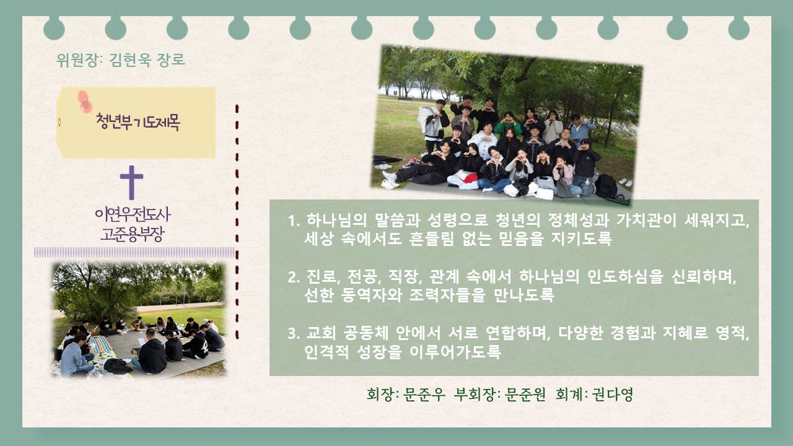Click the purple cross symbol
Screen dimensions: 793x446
click(132, 182)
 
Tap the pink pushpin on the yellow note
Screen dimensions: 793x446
click(85, 102)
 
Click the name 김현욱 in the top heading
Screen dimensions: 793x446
click(131, 59)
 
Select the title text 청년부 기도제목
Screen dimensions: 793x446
click(138, 123)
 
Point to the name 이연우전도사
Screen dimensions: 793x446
click(133, 214)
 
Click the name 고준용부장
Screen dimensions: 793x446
click(133, 234)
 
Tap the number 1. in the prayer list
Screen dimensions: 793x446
click(294, 221)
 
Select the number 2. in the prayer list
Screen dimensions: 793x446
click(294, 277)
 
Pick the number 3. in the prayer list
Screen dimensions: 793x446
click(294, 333)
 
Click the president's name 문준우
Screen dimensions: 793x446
click(424, 395)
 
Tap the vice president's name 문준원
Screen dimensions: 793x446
click(525, 395)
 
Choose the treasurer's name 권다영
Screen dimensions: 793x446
click(613, 395)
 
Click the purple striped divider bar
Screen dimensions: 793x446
click(134, 252)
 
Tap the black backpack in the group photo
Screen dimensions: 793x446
click(606, 186)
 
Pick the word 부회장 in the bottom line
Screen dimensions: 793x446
click(475, 395)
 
